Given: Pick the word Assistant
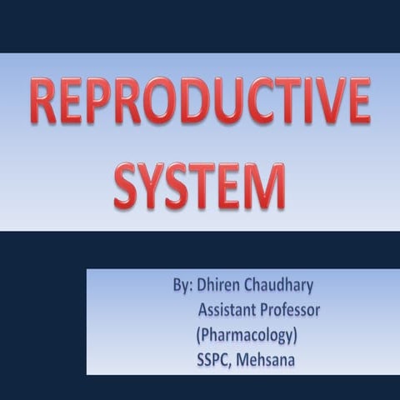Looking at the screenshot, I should coord(228,311).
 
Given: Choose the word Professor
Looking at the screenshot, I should coord(292,311).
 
